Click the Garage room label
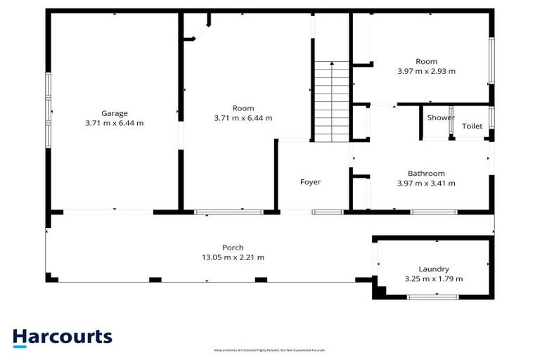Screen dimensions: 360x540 (x=113, y=113)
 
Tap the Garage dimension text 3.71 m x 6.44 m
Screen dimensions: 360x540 (x=113, y=123)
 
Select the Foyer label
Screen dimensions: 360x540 (x=311, y=182)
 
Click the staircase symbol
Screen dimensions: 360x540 (x=332, y=101)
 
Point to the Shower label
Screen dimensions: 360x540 (x=441, y=117)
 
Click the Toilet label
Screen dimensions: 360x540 (x=472, y=127)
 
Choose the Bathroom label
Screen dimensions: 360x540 (x=426, y=174)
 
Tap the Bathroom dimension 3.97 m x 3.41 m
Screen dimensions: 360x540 (x=426, y=184)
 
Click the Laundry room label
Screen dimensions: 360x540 (x=433, y=269)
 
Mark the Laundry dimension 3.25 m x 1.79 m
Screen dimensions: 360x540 (x=433, y=279)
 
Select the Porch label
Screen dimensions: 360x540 (x=233, y=247)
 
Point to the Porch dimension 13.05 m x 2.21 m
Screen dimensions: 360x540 (x=233, y=257)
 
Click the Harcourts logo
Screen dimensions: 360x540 (x=62, y=337)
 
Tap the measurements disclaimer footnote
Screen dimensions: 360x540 (x=270, y=350)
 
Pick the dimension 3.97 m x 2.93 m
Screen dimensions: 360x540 (x=426, y=71)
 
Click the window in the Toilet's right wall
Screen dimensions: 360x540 (x=492, y=117)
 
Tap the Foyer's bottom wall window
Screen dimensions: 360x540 (x=327, y=212)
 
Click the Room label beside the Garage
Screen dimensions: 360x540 (x=243, y=108)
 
